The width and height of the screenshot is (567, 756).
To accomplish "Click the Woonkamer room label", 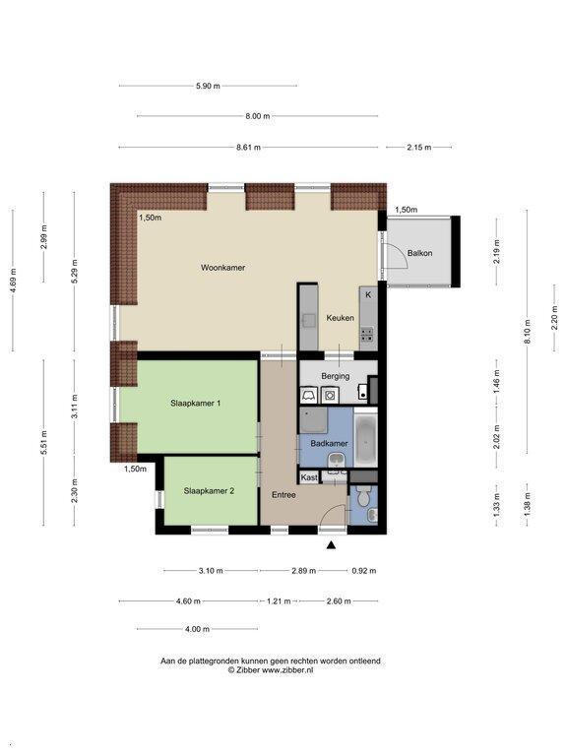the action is pyautogui.click(x=222, y=267).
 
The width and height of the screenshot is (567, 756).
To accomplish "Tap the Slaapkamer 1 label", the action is pyautogui.click(x=195, y=403).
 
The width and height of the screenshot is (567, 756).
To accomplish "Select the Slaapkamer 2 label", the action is pyautogui.click(x=209, y=491).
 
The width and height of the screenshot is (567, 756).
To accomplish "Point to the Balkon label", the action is pyautogui.click(x=419, y=253).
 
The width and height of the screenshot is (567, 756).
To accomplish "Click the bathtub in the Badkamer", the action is pyautogui.click(x=365, y=438).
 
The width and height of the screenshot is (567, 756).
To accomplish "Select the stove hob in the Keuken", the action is pyautogui.click(x=367, y=334).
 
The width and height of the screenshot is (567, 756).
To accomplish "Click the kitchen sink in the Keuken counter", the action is pyautogui.click(x=308, y=320).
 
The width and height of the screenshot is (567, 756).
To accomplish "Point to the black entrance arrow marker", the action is pyautogui.click(x=331, y=545).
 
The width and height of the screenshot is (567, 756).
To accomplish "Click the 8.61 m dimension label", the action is pyautogui.click(x=248, y=147).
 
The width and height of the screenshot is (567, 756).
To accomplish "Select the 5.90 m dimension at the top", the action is pyautogui.click(x=208, y=86).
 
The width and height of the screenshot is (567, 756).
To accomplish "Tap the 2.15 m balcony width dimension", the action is pyautogui.click(x=419, y=147).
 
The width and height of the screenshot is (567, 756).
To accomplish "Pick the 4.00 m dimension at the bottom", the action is pyautogui.click(x=197, y=629).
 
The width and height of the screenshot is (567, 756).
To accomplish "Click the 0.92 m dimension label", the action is pyautogui.click(x=364, y=571).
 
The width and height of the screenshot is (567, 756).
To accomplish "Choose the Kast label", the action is pyautogui.click(x=309, y=477).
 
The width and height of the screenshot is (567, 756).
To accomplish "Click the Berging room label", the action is pyautogui.click(x=335, y=376).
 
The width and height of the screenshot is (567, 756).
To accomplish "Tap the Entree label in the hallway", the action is pyautogui.click(x=283, y=495).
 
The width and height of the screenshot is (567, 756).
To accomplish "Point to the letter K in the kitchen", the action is pyautogui.click(x=368, y=294).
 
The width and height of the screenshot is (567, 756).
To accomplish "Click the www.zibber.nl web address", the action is pyautogui.click(x=287, y=669).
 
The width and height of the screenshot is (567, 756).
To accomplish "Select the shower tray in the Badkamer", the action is pyautogui.click(x=313, y=420).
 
